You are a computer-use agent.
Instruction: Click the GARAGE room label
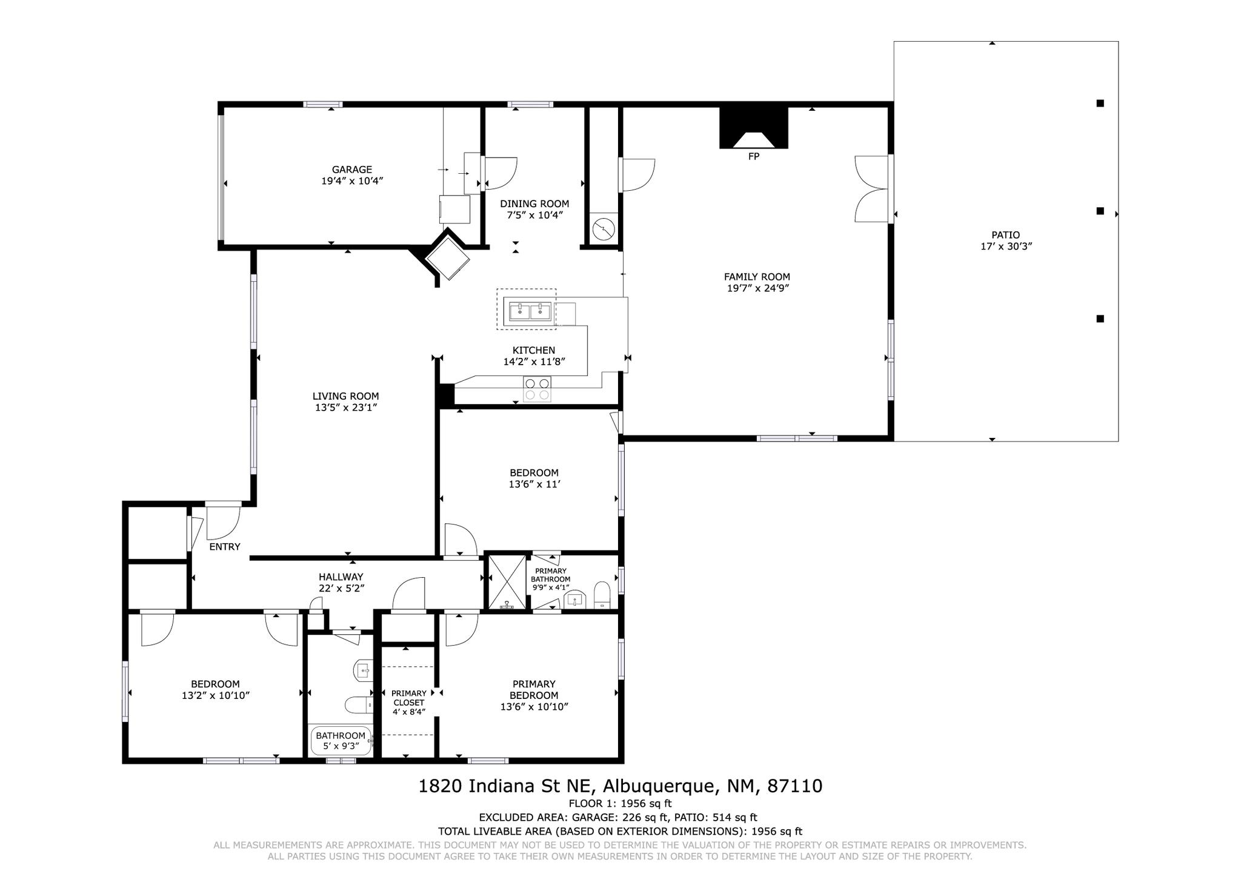click(x=351, y=170)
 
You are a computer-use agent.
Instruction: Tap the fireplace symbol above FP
click(x=753, y=128)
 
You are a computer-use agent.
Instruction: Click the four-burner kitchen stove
click(x=537, y=389)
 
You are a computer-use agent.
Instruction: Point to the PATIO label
click(x=1006, y=235)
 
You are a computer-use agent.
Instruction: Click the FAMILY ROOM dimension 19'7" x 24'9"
click(x=757, y=288)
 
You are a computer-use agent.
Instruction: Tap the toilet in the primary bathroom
click(x=602, y=594)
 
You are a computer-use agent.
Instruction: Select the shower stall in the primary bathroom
click(x=508, y=581)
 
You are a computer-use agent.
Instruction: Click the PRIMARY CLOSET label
click(x=409, y=698)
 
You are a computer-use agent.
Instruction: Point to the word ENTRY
click(x=225, y=547)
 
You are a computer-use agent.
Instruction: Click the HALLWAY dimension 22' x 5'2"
click(x=341, y=588)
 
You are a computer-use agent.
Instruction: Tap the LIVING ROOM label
click(x=346, y=396)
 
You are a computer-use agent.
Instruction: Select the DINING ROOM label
click(x=534, y=204)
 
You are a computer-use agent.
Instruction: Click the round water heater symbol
click(x=604, y=230)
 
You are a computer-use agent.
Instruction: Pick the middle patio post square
click(x=1100, y=211)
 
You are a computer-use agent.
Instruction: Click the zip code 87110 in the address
click(x=795, y=786)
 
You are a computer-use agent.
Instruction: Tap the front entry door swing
click(x=223, y=522)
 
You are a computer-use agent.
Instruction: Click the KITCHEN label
click(x=534, y=350)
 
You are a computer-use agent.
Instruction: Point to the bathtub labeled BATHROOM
click(x=341, y=741)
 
